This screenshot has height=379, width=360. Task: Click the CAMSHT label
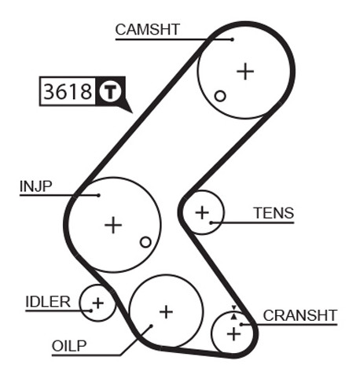[x=147, y=29]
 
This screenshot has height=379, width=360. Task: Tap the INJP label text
[x=36, y=186]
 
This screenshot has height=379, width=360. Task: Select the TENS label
[x=274, y=213]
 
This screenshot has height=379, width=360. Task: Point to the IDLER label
[x=48, y=302]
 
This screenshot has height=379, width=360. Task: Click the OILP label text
[x=69, y=346]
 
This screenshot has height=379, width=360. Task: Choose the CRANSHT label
[x=300, y=315]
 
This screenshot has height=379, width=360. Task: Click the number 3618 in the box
[x=68, y=91]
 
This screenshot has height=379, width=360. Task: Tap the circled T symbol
[x=110, y=91]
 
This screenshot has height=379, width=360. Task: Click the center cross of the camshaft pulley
[x=245, y=72]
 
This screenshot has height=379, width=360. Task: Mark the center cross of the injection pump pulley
[x=113, y=225]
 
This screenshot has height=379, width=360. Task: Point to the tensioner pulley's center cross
[x=202, y=212]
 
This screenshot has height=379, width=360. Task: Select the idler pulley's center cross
[x=98, y=304]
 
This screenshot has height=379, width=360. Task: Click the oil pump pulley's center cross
[x=166, y=312]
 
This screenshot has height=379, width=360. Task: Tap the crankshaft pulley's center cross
[x=233, y=334]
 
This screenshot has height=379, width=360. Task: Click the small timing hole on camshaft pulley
[x=220, y=96]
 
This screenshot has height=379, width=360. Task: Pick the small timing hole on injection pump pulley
[x=145, y=242]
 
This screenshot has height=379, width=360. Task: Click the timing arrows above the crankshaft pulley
[x=233, y=312]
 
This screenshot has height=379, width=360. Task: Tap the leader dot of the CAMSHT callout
[x=233, y=39]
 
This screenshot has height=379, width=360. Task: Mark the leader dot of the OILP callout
[x=151, y=326]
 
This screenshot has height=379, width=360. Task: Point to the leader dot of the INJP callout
[x=98, y=195]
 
